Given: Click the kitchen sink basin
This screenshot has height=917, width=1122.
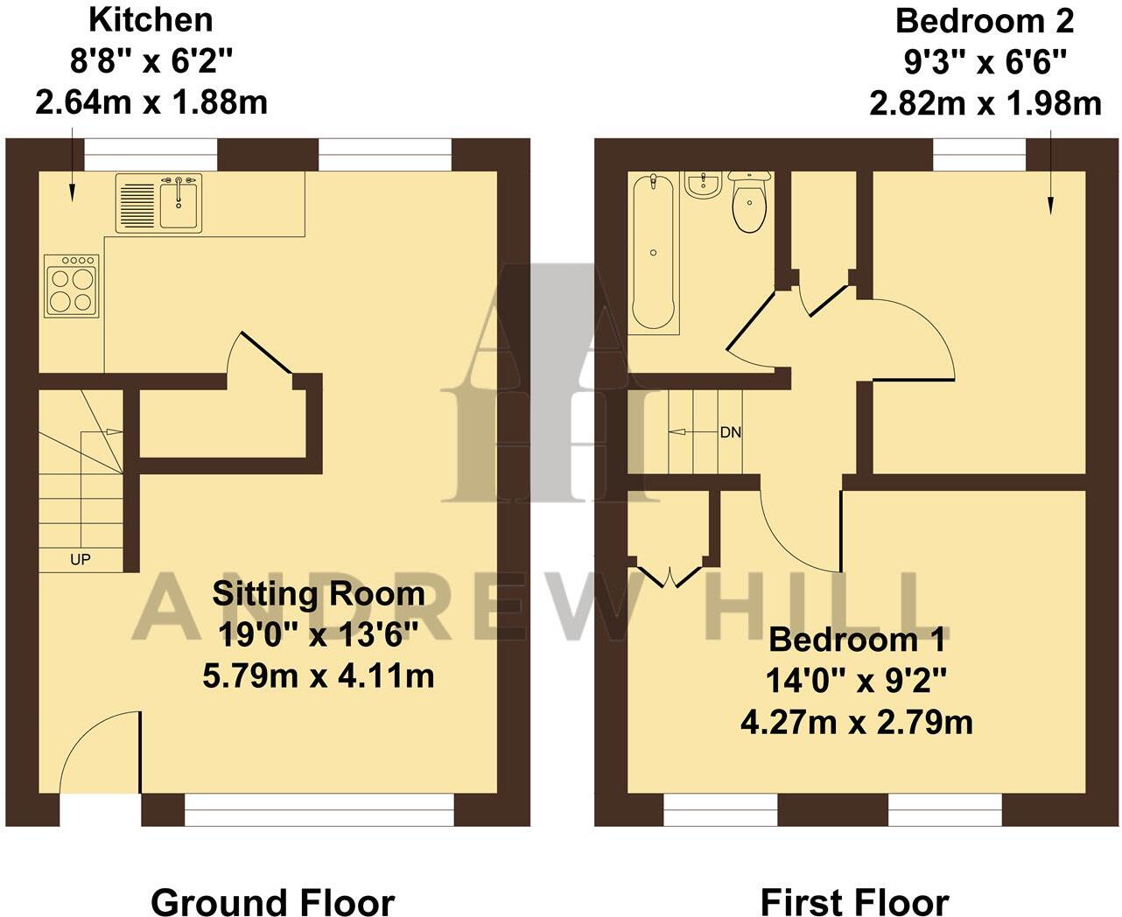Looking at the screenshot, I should [179, 203].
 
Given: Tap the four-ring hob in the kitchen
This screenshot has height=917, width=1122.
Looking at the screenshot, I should [72, 286].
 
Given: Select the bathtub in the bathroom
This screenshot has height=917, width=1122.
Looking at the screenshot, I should [654, 251].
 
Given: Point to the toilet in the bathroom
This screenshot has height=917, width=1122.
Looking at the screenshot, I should [749, 203].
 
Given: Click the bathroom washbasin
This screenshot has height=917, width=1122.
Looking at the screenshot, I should [702, 185].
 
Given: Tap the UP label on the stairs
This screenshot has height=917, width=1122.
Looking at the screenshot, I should [80, 559].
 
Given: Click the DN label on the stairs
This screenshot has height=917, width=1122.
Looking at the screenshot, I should [731, 432].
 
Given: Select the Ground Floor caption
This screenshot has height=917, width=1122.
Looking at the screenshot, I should [272, 901].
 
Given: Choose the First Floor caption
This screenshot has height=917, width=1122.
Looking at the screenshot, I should [854, 901].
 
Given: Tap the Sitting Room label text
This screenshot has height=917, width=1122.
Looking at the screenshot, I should [319, 594].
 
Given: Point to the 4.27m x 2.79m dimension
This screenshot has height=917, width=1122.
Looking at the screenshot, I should [856, 723].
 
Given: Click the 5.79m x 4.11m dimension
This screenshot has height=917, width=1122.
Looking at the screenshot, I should [319, 675].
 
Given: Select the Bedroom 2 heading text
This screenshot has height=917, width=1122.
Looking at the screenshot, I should [985, 19].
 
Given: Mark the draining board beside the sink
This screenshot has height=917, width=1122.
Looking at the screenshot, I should [135, 203].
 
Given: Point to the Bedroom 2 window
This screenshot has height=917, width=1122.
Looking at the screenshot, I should [979, 155].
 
